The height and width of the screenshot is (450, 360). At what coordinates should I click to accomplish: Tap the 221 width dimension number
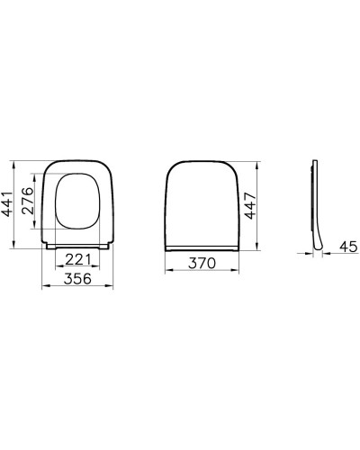coord(78,260)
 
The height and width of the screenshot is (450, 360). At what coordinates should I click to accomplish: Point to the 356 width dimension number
coord(78,278)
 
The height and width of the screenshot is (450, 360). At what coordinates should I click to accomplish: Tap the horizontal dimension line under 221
coord(78,268)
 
